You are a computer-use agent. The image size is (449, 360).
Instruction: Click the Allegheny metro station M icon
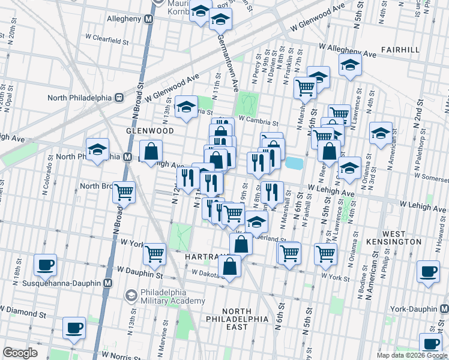coord(149,19)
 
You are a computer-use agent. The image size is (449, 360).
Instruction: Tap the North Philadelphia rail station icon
coord(119,97)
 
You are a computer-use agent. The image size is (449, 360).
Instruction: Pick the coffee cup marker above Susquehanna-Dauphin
coord(45,264)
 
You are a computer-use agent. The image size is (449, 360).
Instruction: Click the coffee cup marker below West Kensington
coord(428,271)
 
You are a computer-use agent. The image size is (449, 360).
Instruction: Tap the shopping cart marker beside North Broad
coord(124,192)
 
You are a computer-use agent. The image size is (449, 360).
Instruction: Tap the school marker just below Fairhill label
coord(349,65)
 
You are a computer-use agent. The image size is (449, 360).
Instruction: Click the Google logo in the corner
coord(20,353)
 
